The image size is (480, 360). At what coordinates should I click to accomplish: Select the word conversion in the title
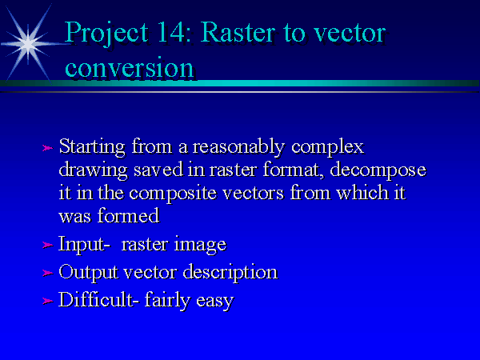[x=130, y=68]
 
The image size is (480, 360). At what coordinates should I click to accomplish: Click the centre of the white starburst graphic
[x=28, y=44]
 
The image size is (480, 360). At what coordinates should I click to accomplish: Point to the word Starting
[x=92, y=147]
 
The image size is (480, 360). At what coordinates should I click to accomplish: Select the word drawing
[x=93, y=170]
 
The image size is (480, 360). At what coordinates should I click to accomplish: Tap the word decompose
[x=378, y=170]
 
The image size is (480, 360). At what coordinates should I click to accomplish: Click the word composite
[x=173, y=194]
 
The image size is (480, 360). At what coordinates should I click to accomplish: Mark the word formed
[x=129, y=215]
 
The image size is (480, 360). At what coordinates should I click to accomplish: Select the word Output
[x=88, y=273]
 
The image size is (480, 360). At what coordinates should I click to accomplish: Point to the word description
[x=230, y=273]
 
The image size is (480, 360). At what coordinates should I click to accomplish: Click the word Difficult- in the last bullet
[x=96, y=298]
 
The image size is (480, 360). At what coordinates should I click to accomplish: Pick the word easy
[x=215, y=302]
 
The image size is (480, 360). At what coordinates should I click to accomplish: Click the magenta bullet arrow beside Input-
[x=47, y=245]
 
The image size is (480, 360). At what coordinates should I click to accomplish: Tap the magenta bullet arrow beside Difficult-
[x=47, y=301]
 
